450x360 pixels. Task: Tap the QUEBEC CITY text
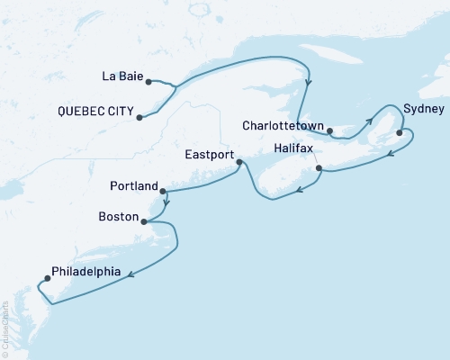(92, 114)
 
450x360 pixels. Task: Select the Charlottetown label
(282, 125)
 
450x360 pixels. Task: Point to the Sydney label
(423, 108)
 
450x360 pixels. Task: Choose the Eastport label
(210, 155)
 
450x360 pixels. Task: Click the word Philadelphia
(86, 270)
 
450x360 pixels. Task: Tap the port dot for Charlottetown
(330, 131)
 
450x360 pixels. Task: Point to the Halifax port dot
(319, 167)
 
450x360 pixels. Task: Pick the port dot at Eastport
(238, 162)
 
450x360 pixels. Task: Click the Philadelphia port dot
(47, 278)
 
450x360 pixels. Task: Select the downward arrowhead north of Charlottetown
(309, 84)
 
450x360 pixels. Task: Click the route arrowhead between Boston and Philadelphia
(131, 274)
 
